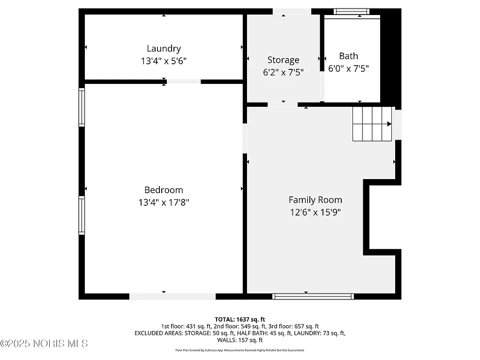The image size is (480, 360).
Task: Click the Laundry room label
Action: click(x=164, y=48)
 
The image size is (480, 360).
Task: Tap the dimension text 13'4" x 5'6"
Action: click(x=164, y=60)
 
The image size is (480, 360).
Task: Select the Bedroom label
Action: click(x=164, y=190)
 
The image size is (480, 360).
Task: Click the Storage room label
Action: click(x=283, y=60)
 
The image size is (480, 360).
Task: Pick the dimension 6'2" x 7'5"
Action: click(x=283, y=72)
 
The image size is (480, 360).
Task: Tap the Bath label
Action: click(x=348, y=56)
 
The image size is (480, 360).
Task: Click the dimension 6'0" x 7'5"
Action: click(x=348, y=68)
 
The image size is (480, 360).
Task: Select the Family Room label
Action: click(x=315, y=200)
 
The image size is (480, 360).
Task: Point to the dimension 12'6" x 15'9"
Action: click(x=315, y=212)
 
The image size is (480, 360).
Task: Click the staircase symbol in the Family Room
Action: click(x=372, y=124)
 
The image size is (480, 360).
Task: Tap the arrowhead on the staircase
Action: click(x=390, y=124)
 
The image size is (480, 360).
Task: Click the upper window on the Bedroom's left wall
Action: click(x=82, y=108)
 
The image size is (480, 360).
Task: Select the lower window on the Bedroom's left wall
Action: click(x=82, y=215)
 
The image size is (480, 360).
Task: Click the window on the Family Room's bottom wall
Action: click(x=313, y=296)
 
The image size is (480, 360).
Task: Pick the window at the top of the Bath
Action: click(x=351, y=11)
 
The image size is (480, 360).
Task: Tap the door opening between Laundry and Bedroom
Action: click(x=184, y=82)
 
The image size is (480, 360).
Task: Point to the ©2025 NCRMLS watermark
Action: click(x=44, y=344)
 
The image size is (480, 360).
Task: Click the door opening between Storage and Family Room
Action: click(x=282, y=105)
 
